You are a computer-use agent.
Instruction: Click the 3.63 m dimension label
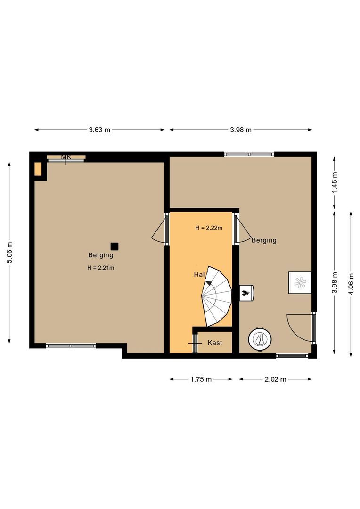click(x=99, y=130)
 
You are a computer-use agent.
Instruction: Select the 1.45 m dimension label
click(x=335, y=182)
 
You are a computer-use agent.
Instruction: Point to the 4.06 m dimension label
click(x=351, y=284)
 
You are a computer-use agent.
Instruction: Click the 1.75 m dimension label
click(x=201, y=379)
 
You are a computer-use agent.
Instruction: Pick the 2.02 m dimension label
click(x=276, y=379)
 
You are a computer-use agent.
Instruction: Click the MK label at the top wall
click(x=66, y=157)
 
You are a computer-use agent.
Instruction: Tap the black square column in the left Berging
click(x=115, y=246)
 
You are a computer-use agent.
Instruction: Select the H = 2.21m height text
click(x=101, y=268)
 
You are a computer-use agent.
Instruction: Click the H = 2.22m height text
click(x=209, y=228)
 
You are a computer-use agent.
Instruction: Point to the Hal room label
click(x=199, y=274)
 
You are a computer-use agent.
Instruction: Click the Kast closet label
click(x=215, y=343)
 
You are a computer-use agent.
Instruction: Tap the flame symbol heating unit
click(x=246, y=293)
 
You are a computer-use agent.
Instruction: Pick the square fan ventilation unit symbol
click(x=300, y=282)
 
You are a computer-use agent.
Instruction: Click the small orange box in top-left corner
click(x=38, y=169)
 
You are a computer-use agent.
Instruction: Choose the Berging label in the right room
click(x=264, y=240)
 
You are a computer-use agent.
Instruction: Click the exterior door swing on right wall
click(x=300, y=328)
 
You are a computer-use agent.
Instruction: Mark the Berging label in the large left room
click(x=101, y=255)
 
